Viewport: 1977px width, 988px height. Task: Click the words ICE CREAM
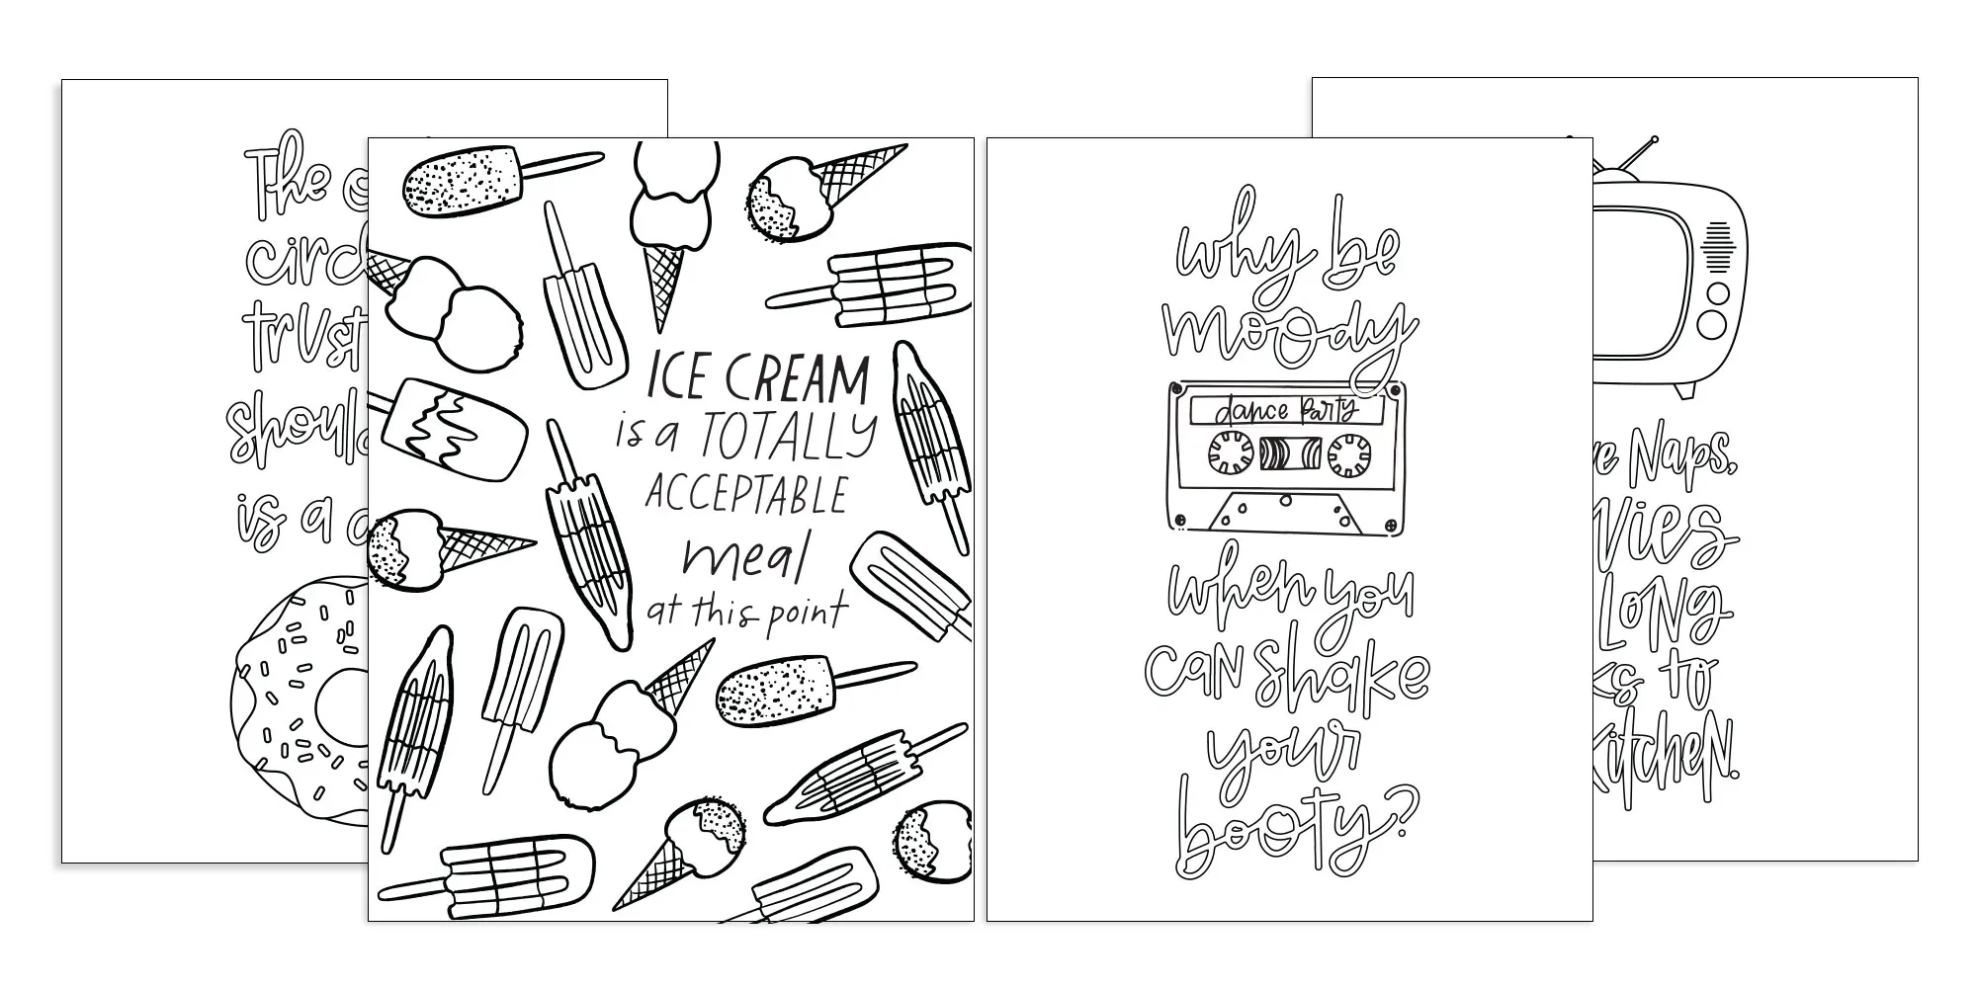(x=757, y=379)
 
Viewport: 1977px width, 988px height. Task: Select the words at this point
(x=746, y=613)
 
